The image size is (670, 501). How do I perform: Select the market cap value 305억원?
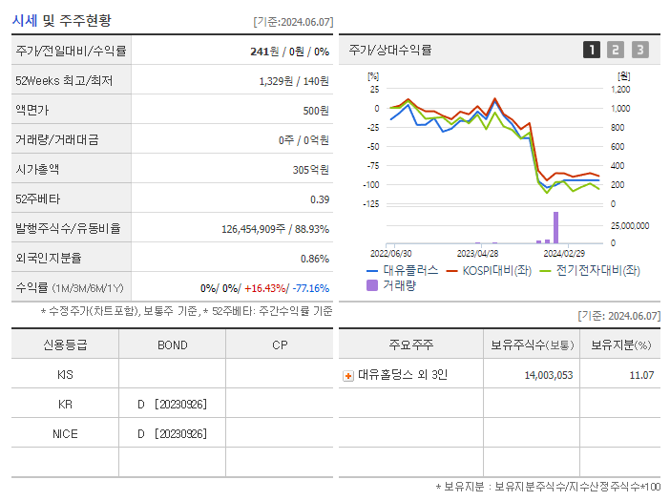(310, 170)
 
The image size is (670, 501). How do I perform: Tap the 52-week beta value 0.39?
(320, 199)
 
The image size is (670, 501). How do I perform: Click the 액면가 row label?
(31, 110)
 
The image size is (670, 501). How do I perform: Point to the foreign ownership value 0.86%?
(314, 259)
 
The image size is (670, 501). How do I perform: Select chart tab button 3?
(639, 50)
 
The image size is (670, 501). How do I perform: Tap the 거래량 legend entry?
(392, 284)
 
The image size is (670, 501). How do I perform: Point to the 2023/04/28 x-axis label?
(477, 254)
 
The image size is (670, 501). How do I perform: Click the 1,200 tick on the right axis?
(620, 90)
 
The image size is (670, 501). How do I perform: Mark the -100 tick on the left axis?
(370, 185)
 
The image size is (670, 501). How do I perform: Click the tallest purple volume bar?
(555, 227)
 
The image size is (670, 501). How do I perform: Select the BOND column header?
(172, 344)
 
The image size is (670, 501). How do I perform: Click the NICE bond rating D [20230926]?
(172, 434)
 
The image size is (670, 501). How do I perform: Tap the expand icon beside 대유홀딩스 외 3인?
(348, 376)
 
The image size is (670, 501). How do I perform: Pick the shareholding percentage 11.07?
(640, 376)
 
